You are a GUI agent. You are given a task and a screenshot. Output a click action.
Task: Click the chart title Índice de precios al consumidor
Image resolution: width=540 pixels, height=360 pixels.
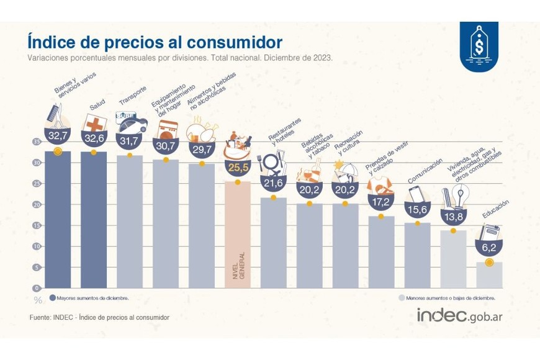(154, 42)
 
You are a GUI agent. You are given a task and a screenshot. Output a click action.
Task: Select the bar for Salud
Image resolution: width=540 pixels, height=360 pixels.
(94, 220)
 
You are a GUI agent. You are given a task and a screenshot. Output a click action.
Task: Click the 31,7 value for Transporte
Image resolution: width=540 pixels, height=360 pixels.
(130, 142)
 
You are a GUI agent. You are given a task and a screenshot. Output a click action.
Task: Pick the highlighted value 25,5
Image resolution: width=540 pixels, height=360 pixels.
(238, 167)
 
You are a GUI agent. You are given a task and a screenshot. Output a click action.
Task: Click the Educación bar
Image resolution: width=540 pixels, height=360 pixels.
(489, 275)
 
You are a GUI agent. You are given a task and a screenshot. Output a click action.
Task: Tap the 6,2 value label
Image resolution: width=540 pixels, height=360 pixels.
(489, 248)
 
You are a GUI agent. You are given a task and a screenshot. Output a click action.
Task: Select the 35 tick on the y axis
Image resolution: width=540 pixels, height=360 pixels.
(37, 142)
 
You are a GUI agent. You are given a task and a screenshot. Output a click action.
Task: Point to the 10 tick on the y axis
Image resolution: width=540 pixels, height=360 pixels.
(37, 246)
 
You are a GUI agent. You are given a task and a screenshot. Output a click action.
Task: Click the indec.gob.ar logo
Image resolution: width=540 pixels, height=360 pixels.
(459, 315)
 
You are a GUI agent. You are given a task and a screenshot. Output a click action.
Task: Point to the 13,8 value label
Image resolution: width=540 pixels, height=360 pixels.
(453, 217)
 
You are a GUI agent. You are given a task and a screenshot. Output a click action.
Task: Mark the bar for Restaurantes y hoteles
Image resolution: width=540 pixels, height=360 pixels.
(274, 243)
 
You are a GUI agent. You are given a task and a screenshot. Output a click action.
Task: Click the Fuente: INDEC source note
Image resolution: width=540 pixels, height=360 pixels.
(99, 317)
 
